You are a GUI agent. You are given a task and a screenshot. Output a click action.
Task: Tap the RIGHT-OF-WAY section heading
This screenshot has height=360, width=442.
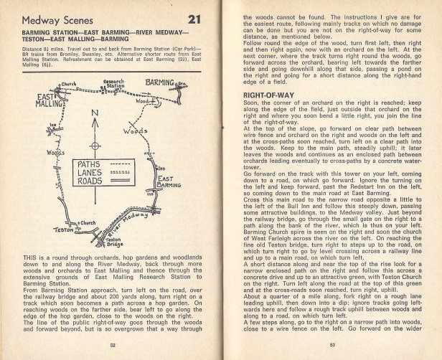pyautogui.click(x=270, y=94)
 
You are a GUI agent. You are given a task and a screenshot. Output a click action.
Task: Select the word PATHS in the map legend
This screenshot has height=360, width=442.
pyautogui.click(x=90, y=164)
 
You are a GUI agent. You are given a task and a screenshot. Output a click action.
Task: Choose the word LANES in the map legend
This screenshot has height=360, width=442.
pyautogui.click(x=90, y=173)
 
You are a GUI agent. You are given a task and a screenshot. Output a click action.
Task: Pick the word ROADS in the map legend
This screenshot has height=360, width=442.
pyautogui.click(x=90, y=182)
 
